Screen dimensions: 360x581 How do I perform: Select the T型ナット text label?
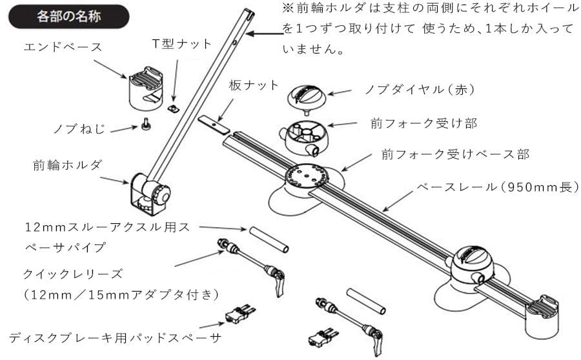point(181,44)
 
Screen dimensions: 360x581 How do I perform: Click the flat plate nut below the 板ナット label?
point(213,123)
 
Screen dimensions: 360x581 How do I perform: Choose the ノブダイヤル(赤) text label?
point(420,90)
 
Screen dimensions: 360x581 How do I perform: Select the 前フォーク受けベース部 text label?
point(455,154)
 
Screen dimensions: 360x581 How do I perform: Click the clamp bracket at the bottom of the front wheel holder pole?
point(148,193)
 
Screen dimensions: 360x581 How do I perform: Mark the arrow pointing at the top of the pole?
point(265,34)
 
